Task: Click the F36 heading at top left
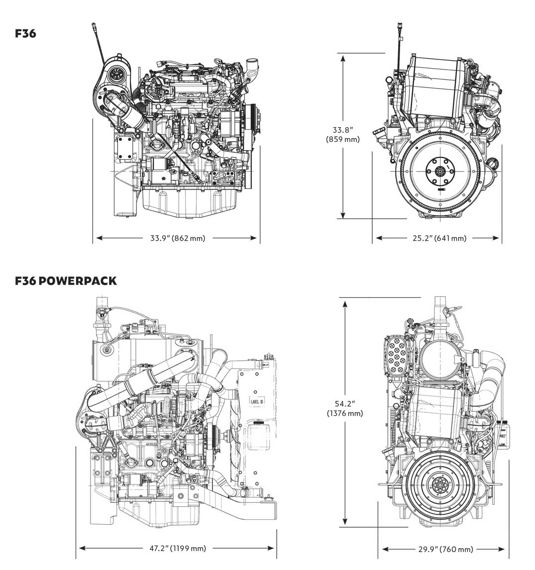[25, 33]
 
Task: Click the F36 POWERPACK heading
[66, 281]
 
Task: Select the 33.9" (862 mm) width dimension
[178, 238]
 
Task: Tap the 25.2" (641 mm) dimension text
[439, 238]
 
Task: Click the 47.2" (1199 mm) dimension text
[178, 548]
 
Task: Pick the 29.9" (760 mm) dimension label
[445, 549]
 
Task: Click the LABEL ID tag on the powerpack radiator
[257, 401]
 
